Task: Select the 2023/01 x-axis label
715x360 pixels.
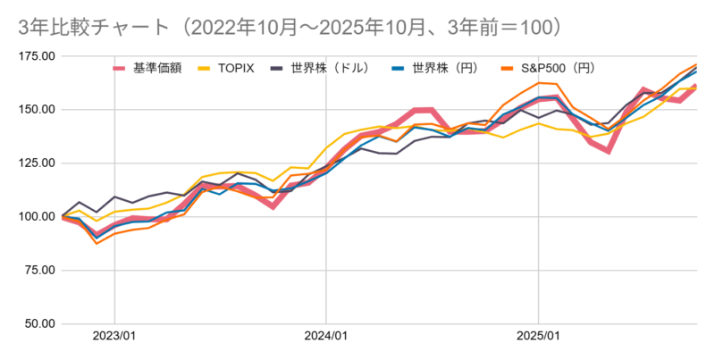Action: tap(114, 338)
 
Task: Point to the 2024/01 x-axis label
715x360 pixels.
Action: tap(326, 338)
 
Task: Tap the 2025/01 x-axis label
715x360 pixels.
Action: tap(538, 338)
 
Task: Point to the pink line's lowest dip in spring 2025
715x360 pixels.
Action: tap(609, 151)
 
